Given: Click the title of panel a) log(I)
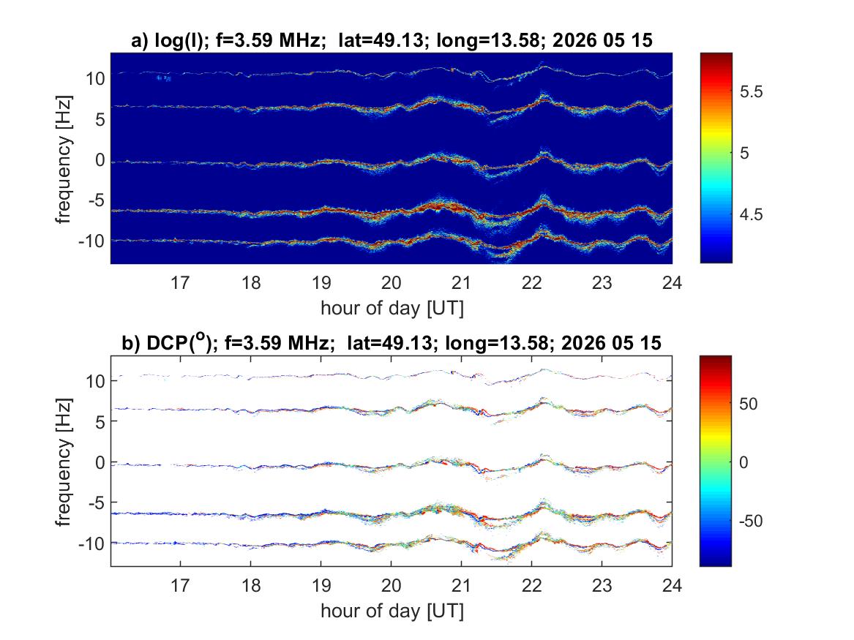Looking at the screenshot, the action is pyautogui.click(x=392, y=40).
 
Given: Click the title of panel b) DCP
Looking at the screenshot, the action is pyautogui.click(x=392, y=342).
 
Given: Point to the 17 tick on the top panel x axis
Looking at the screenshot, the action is pyautogui.click(x=180, y=282).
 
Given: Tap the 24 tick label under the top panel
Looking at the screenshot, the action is pyautogui.click(x=672, y=282).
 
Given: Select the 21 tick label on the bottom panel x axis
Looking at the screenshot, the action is pyautogui.click(x=461, y=585).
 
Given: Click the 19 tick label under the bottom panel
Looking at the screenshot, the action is pyautogui.click(x=321, y=585).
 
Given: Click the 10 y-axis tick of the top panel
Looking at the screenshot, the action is pyautogui.click(x=95, y=79).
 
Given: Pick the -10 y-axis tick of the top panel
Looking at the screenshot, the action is pyautogui.click(x=91, y=241).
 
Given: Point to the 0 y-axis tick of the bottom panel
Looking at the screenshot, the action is pyautogui.click(x=100, y=462).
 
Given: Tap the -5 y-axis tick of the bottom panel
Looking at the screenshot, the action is pyautogui.click(x=97, y=503).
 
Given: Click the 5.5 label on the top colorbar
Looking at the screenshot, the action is pyautogui.click(x=751, y=92).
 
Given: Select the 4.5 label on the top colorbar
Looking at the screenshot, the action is pyautogui.click(x=751, y=215).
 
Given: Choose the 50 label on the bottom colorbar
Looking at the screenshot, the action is pyautogui.click(x=749, y=404).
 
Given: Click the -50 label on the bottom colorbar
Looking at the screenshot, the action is pyautogui.click(x=751, y=522).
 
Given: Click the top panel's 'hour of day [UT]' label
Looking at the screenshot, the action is pyautogui.click(x=392, y=308).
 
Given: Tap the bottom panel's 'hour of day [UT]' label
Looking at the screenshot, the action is pyautogui.click(x=392, y=611).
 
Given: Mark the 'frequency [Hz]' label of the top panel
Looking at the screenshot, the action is pyautogui.click(x=63, y=159).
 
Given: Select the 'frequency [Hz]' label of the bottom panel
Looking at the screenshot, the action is pyautogui.click(x=63, y=462).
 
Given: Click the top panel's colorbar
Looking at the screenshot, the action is pyautogui.click(x=716, y=158).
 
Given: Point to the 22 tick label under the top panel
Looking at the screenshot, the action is pyautogui.click(x=531, y=282).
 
